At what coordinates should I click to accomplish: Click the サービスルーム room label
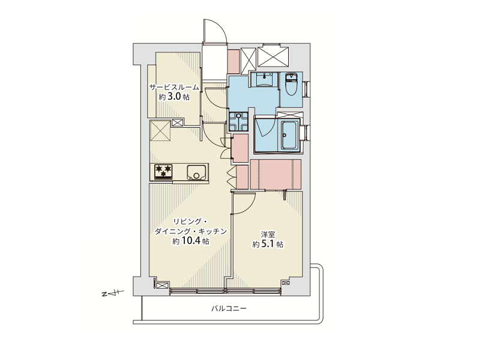click(174, 88)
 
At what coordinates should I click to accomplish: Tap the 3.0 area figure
click(174, 97)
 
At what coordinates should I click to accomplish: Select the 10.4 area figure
click(191, 241)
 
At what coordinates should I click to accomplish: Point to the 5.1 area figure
click(266, 244)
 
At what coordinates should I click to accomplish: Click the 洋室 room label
click(268, 235)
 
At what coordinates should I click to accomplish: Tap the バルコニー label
click(229, 308)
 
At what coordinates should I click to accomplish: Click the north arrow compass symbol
click(112, 293)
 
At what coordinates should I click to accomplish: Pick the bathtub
click(289, 135)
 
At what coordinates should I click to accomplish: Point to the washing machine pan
click(239, 121)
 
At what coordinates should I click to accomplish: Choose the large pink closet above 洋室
click(276, 175)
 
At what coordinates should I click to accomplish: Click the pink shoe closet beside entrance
click(233, 61)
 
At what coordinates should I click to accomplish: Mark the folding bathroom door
click(261, 128)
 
